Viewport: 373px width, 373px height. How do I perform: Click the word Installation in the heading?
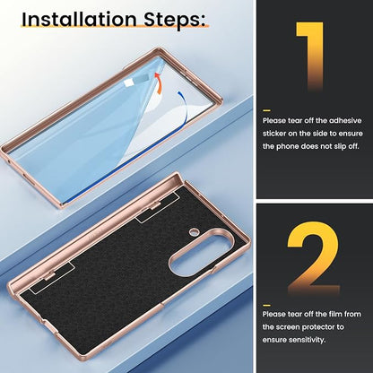coord(80,19)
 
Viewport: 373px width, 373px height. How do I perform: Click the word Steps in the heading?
coord(175,21)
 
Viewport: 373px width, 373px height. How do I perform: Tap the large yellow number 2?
coord(313,257)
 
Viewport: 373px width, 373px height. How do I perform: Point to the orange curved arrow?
coord(159,82)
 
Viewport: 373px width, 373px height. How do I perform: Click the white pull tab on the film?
coord(129,82)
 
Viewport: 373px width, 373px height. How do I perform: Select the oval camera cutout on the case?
coord(201,253)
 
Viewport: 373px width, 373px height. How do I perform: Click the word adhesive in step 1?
coord(345,121)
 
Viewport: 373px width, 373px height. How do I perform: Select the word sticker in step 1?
coord(274,134)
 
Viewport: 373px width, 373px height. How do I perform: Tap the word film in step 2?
coord(334,314)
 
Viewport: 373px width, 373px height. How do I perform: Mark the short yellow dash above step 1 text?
coord(266,110)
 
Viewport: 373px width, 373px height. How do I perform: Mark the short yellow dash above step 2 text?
coord(266,305)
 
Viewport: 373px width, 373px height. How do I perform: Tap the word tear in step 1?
coord(295,121)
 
